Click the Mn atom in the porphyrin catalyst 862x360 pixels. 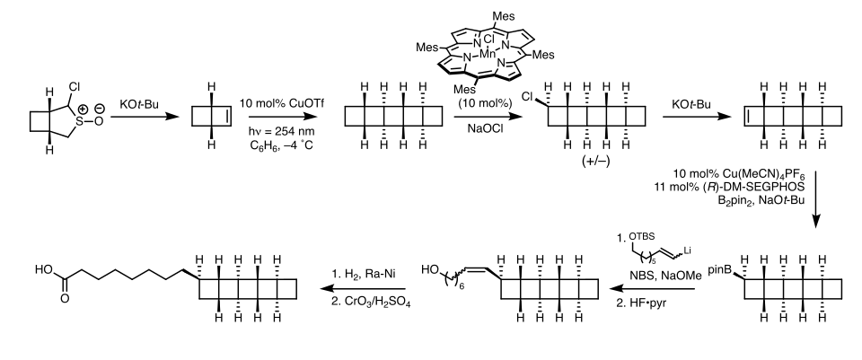[x=488, y=53]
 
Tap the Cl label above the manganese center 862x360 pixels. [x=488, y=40]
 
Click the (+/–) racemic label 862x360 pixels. [x=596, y=162]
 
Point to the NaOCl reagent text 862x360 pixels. [x=484, y=128]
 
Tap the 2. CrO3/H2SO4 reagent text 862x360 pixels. [x=371, y=303]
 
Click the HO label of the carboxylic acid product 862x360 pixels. [x=43, y=269]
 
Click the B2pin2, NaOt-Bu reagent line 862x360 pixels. [x=761, y=200]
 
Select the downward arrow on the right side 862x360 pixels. [x=816, y=199]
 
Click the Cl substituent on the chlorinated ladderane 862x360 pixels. [x=527, y=97]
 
